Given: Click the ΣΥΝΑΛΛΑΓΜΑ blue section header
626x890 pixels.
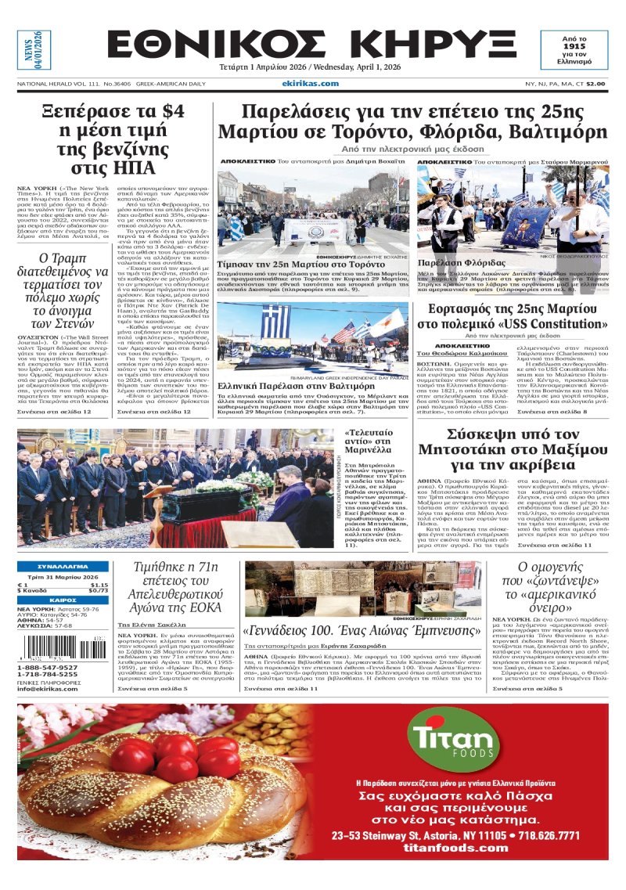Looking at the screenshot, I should point(63,567).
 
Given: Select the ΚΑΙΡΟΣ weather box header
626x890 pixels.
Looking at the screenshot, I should point(63,600).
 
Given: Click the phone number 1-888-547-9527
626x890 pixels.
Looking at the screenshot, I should point(48,668).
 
